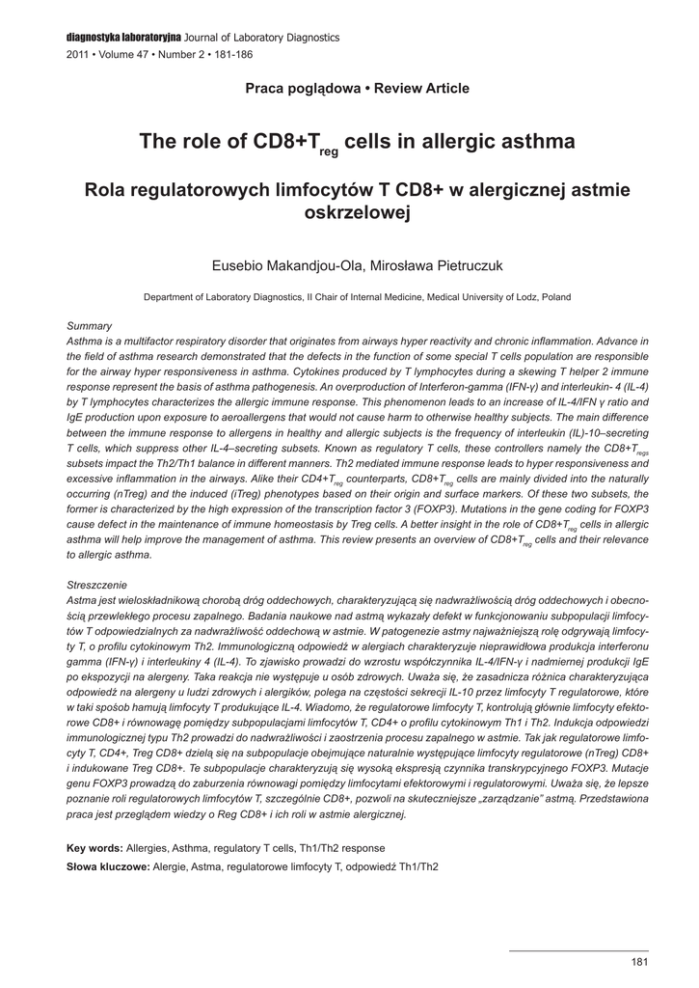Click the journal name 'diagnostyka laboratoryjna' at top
point(124,37)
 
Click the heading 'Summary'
point(90,326)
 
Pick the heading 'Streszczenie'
point(97,586)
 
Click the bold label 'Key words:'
point(94,847)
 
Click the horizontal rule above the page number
point(578,950)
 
